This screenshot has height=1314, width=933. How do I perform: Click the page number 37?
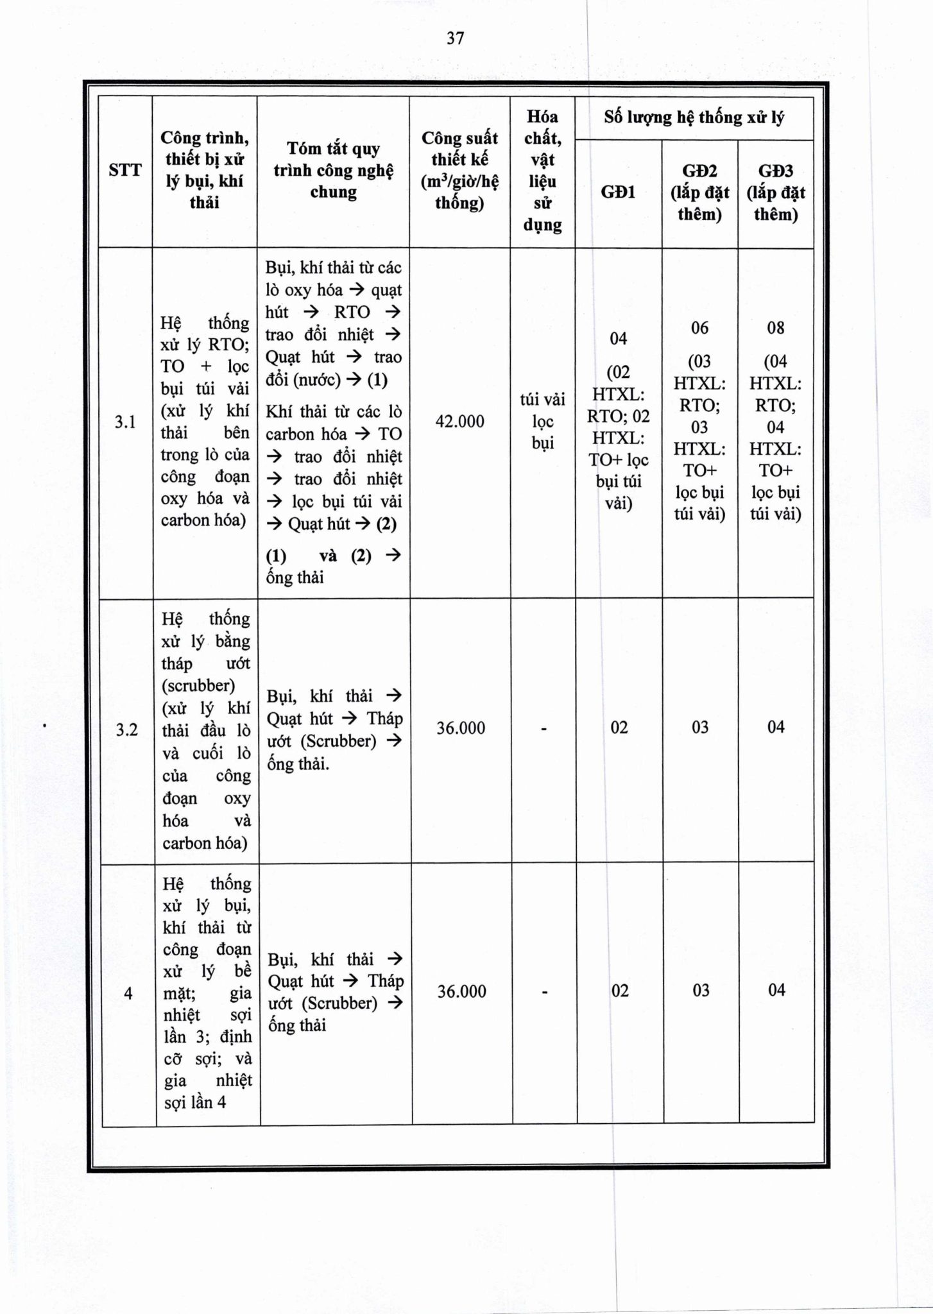[455, 38]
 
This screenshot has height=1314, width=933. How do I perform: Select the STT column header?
[124, 170]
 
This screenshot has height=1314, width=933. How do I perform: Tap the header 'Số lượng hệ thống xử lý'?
[694, 117]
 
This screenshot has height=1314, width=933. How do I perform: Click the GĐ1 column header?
[618, 192]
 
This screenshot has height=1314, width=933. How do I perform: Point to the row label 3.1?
[125, 422]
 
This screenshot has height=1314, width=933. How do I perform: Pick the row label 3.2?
[126, 730]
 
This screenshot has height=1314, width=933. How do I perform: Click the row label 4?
[128, 994]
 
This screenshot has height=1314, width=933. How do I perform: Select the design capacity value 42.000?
[459, 422]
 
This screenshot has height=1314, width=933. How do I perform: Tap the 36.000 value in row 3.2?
[461, 728]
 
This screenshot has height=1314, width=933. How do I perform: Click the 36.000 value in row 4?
[461, 992]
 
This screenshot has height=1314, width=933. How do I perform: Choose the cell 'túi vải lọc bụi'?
[542, 421]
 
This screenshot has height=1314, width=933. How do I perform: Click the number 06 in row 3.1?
[699, 328]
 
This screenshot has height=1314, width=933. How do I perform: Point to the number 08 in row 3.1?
[775, 328]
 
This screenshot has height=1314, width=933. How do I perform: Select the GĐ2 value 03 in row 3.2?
[700, 727]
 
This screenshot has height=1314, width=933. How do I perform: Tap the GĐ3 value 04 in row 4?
[776, 990]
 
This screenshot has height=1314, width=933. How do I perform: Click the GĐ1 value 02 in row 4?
[620, 991]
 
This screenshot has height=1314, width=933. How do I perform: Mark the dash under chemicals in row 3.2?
[544, 729]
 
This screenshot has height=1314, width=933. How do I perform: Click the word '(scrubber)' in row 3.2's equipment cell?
[198, 685]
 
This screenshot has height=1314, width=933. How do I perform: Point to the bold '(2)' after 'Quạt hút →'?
[386, 524]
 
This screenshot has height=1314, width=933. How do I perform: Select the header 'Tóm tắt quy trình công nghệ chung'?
[333, 170]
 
